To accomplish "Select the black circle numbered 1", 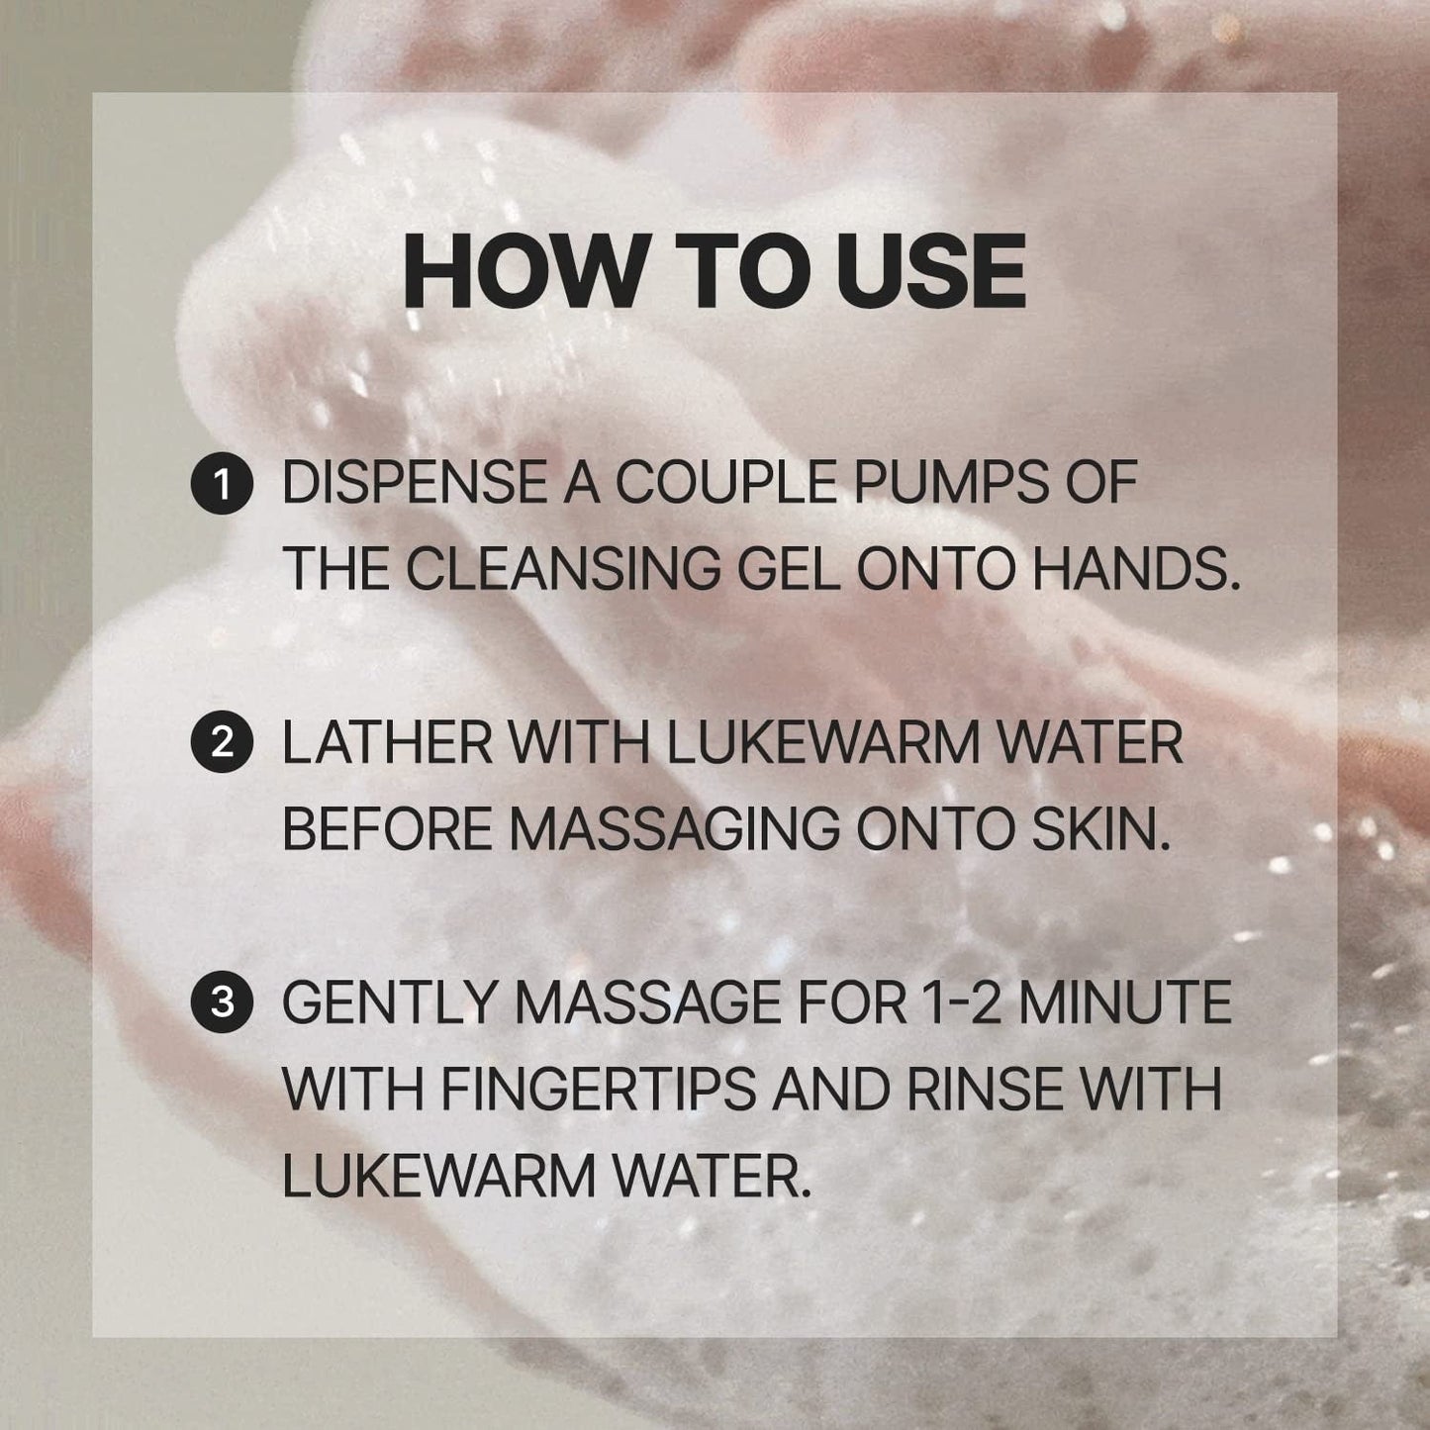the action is [x=222, y=485].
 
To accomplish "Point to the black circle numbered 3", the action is [x=222, y=1003].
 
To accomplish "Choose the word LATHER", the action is [x=387, y=743].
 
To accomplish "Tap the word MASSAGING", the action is [x=675, y=828].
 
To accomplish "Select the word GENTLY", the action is [x=389, y=1001].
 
